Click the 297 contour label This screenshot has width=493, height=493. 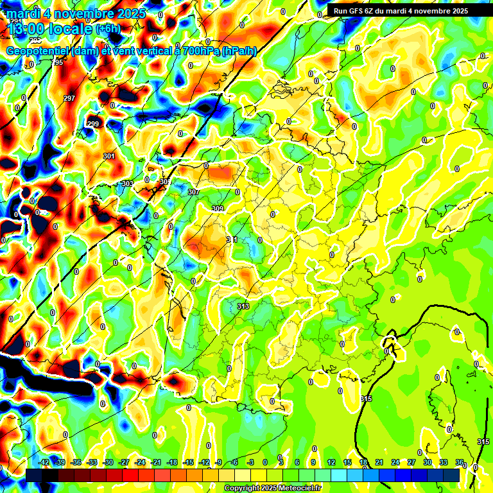pyautogui.click(x=69, y=98)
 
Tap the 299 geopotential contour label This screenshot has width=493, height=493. pyautogui.click(x=93, y=124)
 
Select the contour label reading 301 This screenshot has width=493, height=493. pyautogui.click(x=108, y=156)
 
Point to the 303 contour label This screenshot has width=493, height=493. pyautogui.click(x=127, y=184)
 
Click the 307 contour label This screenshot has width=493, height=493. pyautogui.click(x=194, y=193)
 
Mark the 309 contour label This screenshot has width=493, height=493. pyautogui.click(x=218, y=209)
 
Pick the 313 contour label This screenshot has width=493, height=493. pyautogui.click(x=243, y=306)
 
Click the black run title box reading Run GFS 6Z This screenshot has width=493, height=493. pyautogui.click(x=400, y=11)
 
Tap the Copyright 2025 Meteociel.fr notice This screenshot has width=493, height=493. pyautogui.click(x=272, y=489)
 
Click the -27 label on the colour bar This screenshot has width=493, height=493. pyautogui.click(x=124, y=462)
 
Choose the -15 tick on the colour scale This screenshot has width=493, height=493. pyautogui.click(x=188, y=462)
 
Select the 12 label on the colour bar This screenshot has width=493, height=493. pyautogui.click(x=331, y=462)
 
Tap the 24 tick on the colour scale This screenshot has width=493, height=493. pyautogui.click(x=395, y=462)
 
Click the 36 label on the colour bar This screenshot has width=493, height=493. pyautogui.click(x=460, y=462)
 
